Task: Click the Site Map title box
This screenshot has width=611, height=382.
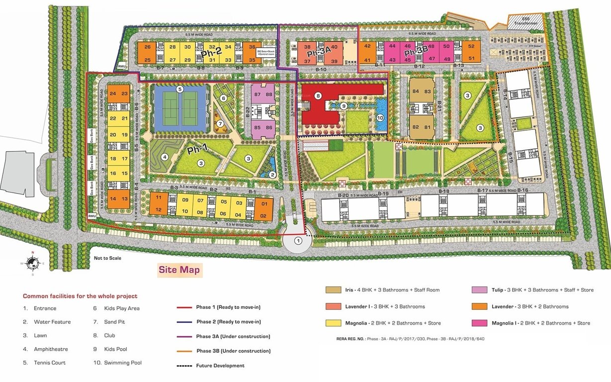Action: tap(179, 270)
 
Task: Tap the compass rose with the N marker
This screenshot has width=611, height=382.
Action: tap(32, 263)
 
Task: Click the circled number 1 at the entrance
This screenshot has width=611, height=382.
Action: tap(298, 241)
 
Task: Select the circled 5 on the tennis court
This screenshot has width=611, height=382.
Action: tap(180, 90)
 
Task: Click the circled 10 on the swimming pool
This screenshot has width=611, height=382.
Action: tap(380, 118)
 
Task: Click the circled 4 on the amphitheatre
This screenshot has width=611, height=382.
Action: tap(164, 157)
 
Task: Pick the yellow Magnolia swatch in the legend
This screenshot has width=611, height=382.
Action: tap(333, 323)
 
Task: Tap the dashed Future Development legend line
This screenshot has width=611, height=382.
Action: tap(184, 366)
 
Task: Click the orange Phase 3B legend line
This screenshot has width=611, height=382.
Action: tap(184, 351)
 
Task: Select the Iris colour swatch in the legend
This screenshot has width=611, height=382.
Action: tap(333, 290)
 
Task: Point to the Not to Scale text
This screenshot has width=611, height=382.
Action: tap(107, 258)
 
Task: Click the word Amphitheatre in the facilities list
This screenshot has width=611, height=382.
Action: tap(51, 349)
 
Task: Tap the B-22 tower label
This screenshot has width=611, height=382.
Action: tap(247, 111)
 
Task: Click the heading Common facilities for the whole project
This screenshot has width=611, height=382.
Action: tap(80, 296)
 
